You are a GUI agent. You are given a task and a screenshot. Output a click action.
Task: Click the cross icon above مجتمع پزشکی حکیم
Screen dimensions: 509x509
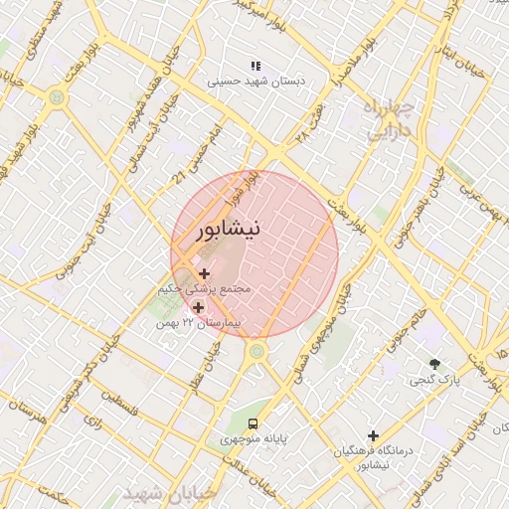205,273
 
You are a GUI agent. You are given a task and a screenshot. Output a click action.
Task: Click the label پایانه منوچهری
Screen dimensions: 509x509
254,436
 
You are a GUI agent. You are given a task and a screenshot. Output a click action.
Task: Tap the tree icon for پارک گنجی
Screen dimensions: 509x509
433,363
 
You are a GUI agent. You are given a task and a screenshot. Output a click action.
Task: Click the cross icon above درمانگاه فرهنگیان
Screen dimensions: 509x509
373,435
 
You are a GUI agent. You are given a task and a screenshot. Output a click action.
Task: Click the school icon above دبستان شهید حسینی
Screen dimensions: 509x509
255,66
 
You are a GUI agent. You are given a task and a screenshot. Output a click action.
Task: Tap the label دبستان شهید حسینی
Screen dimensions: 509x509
256,83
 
